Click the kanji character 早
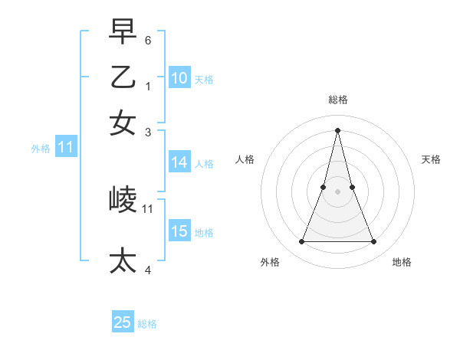pos(123,33)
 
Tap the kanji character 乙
pos(123,77)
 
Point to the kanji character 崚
pos(123,201)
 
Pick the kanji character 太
pos(123,260)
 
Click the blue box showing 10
pos(179,77)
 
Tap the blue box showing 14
pos(179,162)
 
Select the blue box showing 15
pos(179,231)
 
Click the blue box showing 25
pos(123,322)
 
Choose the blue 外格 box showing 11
pos(65,148)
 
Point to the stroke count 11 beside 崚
pos(148,208)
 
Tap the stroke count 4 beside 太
pos(148,269)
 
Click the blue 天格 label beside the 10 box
pos(204,79)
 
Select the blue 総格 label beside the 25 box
pos(147,324)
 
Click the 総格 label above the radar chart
pos(337,100)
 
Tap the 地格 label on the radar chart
pos(402,262)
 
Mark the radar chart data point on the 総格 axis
pos(337,130)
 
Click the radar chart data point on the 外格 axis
pos(301,242)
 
